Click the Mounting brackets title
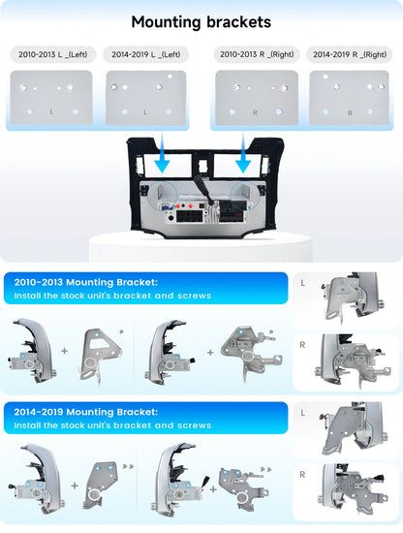(x=201, y=22)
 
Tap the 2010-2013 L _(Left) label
(x=53, y=54)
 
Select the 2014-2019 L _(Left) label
(x=146, y=54)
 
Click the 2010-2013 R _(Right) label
(x=257, y=54)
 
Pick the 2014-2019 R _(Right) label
(x=350, y=54)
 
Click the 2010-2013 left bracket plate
(x=51, y=98)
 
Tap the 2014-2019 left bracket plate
(x=145, y=98)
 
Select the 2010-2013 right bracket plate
(x=257, y=98)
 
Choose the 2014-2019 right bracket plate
(x=350, y=98)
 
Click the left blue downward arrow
(x=162, y=152)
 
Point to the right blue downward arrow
(x=243, y=152)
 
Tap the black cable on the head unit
(x=203, y=190)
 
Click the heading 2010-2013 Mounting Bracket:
(x=86, y=282)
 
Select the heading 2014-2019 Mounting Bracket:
(x=86, y=412)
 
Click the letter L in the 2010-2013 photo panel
(x=303, y=283)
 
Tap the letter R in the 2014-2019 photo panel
(x=302, y=475)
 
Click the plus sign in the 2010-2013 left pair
(x=65, y=351)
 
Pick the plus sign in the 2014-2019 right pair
(x=213, y=489)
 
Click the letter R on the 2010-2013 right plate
(x=255, y=112)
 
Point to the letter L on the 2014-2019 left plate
(x=145, y=112)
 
